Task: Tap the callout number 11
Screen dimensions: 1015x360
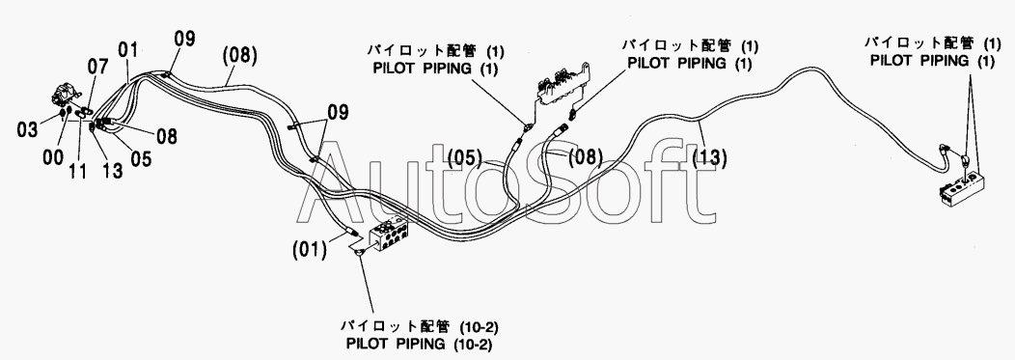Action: pyautogui.click(x=79, y=172)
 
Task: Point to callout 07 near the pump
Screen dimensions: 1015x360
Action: pyautogui.click(x=99, y=66)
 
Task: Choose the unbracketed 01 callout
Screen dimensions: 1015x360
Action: pyautogui.click(x=128, y=50)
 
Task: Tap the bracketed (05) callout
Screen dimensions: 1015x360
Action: pyautogui.click(x=465, y=157)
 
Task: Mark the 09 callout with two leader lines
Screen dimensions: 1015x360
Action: pyautogui.click(x=337, y=113)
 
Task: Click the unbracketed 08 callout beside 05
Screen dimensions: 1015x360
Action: pyautogui.click(x=165, y=136)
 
